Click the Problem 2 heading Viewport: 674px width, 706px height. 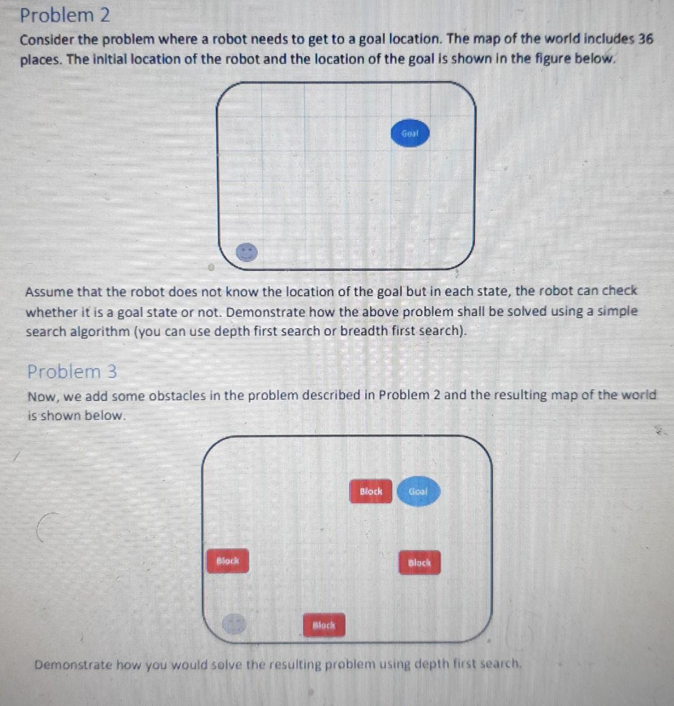click(x=65, y=15)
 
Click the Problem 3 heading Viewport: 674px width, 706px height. click(x=72, y=372)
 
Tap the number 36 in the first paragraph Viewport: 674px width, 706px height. click(x=645, y=39)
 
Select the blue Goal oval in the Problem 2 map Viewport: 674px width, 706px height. click(x=410, y=134)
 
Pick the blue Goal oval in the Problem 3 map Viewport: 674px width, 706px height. click(x=418, y=491)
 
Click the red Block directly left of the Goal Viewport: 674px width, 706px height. click(x=371, y=491)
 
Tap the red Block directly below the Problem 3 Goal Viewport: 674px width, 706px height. click(x=419, y=563)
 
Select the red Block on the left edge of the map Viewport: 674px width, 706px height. click(x=227, y=561)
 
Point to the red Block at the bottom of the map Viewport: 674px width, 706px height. click(x=324, y=624)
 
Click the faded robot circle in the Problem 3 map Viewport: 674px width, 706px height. click(x=234, y=624)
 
